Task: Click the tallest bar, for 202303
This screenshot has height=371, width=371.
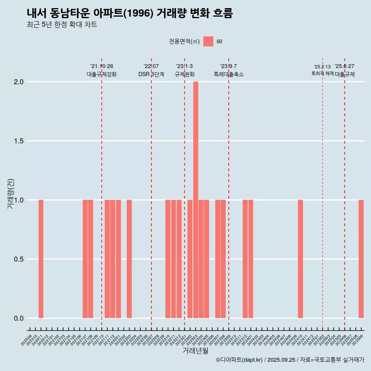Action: pyautogui.click(x=196, y=200)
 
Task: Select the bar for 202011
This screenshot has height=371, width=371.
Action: pyautogui.click(x=41, y=259)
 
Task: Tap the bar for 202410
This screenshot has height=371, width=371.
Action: pyautogui.click(x=300, y=259)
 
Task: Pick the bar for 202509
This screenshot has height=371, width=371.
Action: pyautogui.click(x=361, y=259)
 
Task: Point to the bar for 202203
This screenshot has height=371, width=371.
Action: pyautogui.click(x=129, y=259)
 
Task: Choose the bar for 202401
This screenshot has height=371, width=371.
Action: pyautogui.click(x=251, y=259)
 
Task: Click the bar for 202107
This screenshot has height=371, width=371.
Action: pyautogui.click(x=85, y=259)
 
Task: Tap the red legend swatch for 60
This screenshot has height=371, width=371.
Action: pyautogui.click(x=208, y=41)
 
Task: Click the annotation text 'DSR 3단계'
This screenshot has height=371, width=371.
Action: pyautogui.click(x=151, y=74)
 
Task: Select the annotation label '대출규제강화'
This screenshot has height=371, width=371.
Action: pyautogui.click(x=102, y=74)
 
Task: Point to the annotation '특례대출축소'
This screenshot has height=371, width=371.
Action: pyautogui.click(x=229, y=74)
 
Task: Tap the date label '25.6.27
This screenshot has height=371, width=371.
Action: pyautogui.click(x=344, y=66)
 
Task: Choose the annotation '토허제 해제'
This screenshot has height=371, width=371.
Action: pyautogui.click(x=323, y=73)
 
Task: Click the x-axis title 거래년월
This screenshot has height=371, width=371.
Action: pyautogui.click(x=195, y=351)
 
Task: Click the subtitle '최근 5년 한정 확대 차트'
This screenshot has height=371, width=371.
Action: pyautogui.click(x=62, y=25)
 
